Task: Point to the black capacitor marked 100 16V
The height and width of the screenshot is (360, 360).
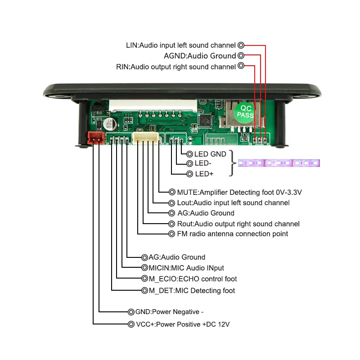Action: click(x=108, y=124)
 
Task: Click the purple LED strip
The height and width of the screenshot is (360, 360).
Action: click(x=279, y=163)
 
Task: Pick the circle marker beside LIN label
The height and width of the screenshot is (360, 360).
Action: click(x=241, y=45)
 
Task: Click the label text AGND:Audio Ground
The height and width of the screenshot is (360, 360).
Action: click(x=200, y=56)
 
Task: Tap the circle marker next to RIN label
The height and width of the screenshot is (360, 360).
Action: click(x=241, y=67)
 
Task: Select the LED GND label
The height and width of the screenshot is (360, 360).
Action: click(x=210, y=154)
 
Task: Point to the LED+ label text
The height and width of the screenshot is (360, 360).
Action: click(x=203, y=174)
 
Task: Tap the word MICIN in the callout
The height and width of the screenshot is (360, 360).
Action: click(x=158, y=268)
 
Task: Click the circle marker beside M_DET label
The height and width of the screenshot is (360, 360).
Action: click(x=144, y=290)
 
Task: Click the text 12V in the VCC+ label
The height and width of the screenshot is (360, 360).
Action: click(x=223, y=324)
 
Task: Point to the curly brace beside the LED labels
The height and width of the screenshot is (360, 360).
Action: click(x=232, y=164)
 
